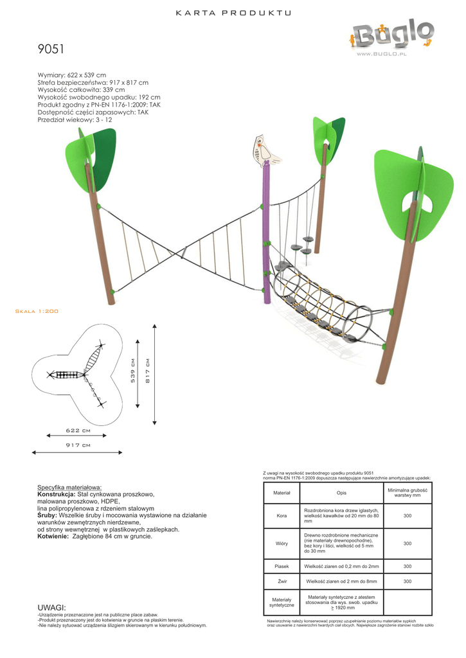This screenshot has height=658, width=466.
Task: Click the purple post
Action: click(265, 238)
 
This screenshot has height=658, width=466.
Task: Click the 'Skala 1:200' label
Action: click(37, 311)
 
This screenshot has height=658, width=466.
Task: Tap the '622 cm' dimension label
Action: click(78, 430)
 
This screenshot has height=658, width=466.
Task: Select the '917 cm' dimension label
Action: click(78, 445)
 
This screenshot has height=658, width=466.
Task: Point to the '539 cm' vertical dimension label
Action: click(133, 370)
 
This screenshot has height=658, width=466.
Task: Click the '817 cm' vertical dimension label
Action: click(148, 370)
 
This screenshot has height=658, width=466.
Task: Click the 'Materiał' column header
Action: click(282, 493)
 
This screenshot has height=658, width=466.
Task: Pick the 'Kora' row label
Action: click(282, 515)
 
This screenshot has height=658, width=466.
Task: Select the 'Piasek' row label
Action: click(282, 566)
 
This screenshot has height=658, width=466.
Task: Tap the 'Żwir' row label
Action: click(282, 582)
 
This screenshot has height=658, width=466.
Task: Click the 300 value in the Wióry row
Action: click(407, 544)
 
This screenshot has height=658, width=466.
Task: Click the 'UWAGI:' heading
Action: click(53, 607)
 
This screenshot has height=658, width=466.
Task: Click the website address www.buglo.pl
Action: click(382, 55)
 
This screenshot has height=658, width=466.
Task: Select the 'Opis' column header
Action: click(341, 493)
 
